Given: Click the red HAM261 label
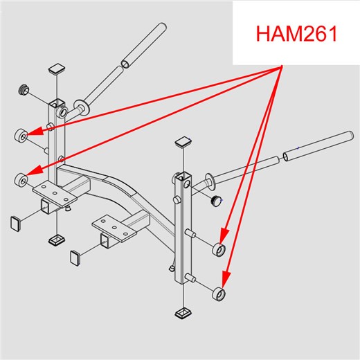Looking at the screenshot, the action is (296, 34).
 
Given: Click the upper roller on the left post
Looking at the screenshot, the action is (21, 136).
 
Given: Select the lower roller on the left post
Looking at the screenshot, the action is (21, 179).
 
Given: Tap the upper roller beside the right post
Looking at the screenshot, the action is (219, 249).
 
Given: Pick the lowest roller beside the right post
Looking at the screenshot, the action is (219, 294).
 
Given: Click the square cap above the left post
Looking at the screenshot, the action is (57, 69).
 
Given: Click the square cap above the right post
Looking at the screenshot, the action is (183, 141).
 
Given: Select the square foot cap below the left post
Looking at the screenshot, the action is (57, 241).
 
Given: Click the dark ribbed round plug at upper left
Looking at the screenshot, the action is (24, 89).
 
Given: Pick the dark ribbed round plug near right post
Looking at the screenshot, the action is (216, 200).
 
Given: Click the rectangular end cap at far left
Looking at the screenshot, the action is (16, 224).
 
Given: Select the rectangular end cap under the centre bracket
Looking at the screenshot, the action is (75, 258).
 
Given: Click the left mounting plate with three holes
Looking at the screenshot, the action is (55, 193).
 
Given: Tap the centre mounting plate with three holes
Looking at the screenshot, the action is (114, 228).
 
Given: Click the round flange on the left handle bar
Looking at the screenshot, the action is (82, 107).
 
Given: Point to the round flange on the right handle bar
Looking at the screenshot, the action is (210, 181).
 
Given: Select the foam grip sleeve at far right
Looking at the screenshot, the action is (318, 146).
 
